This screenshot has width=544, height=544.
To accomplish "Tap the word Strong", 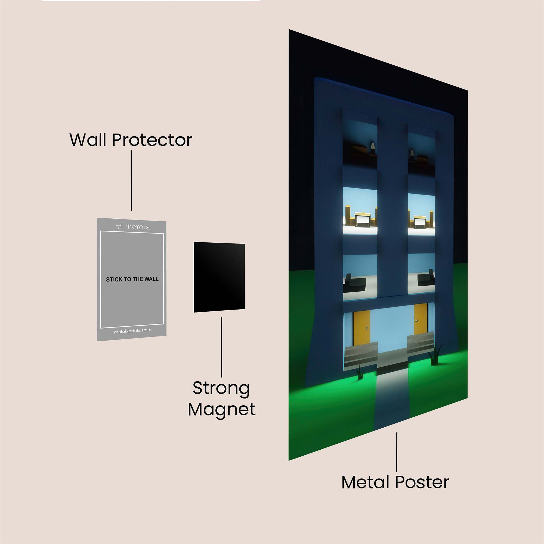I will [x=221, y=389].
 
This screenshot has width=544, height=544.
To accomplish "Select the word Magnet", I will [x=222, y=409].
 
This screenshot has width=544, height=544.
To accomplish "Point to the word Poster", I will [x=422, y=482].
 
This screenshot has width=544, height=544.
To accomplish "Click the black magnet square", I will [x=219, y=277].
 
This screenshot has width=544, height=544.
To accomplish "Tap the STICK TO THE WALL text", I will [x=132, y=279].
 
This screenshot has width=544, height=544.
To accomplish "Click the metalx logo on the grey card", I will [x=133, y=227].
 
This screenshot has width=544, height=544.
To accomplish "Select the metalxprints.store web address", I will [x=133, y=331].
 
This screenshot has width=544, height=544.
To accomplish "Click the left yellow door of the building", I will [x=361, y=328].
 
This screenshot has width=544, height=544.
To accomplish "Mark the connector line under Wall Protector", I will [x=131, y=180].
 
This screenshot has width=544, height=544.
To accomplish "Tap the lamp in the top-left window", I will [x=372, y=147].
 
